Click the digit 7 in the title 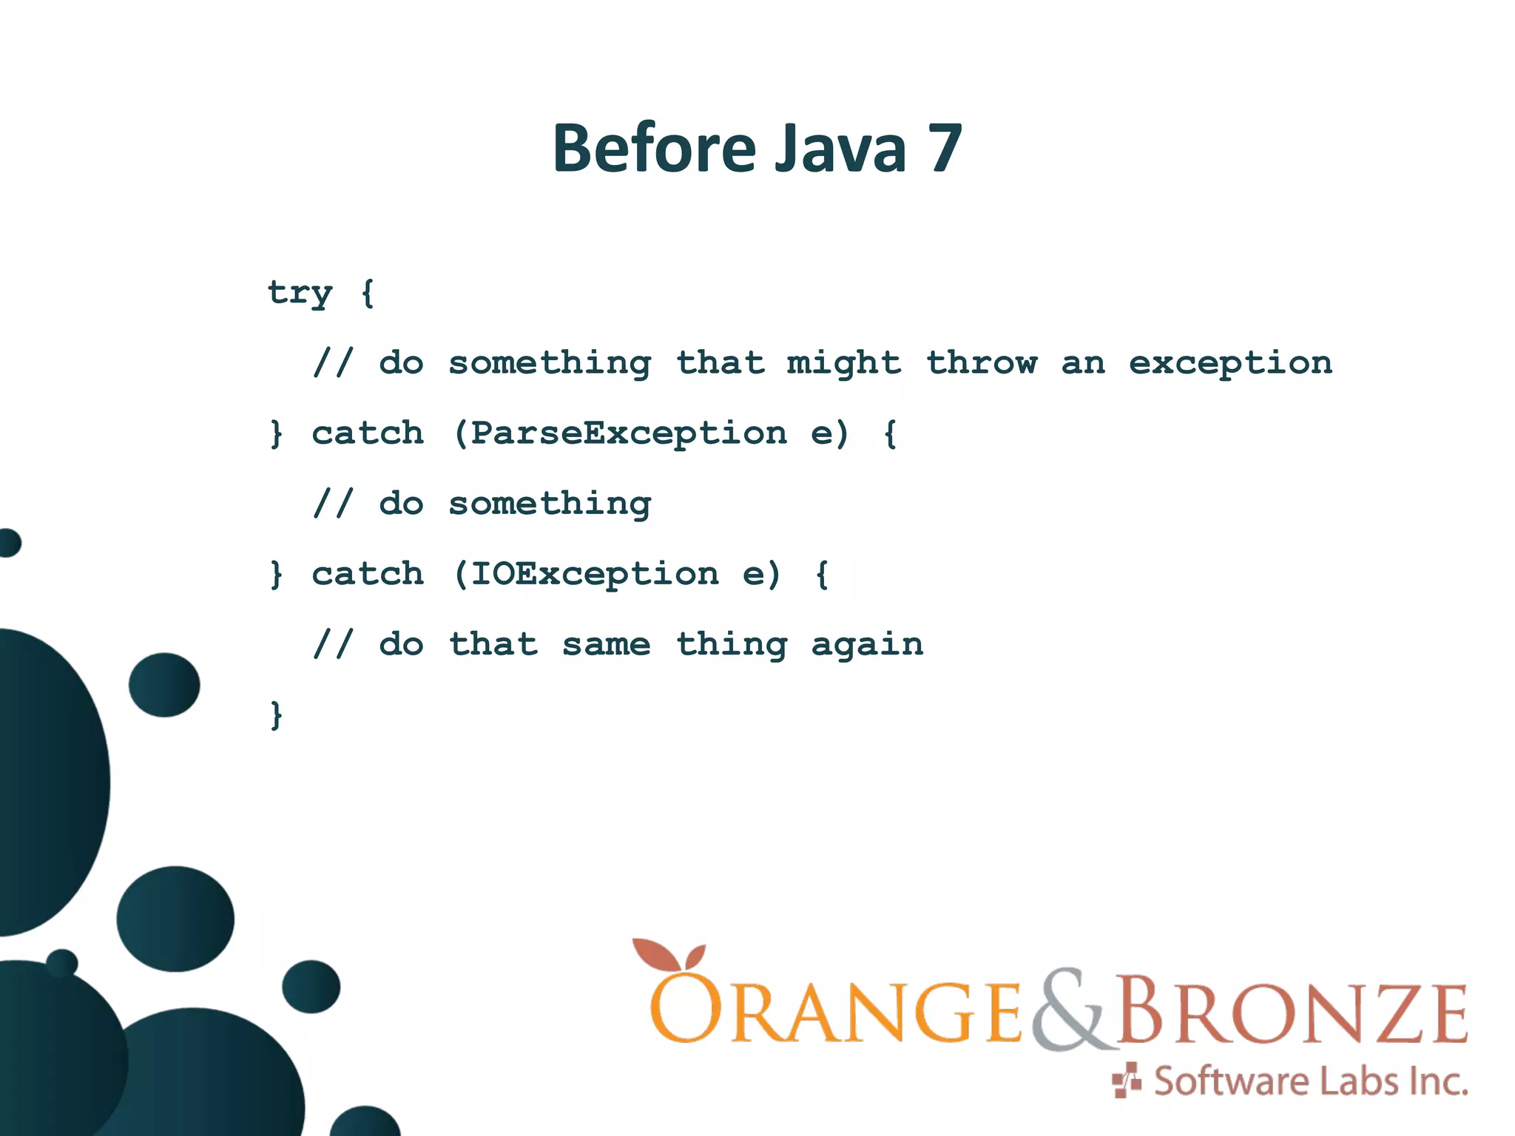[943, 149]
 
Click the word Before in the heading [653, 149]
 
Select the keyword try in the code [300, 294]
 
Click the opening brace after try [368, 294]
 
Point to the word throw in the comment [982, 363]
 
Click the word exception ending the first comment [1230, 363]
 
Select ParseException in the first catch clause [629, 433]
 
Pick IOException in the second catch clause [594, 575]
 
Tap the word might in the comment [843, 363]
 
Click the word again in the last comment [867, 645]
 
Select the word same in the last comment [606, 645]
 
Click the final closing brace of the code [276, 715]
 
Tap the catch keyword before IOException [368, 575]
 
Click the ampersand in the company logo [1070, 1010]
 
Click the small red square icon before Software [1127, 1081]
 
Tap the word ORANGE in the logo [836, 1012]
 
